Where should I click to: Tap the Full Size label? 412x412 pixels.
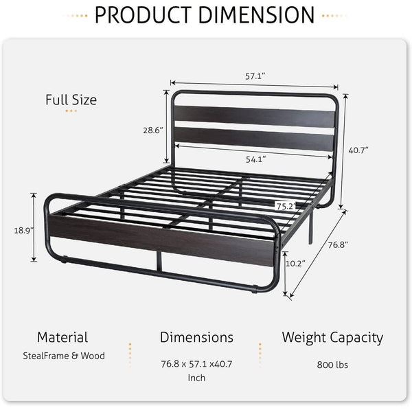[x=71, y=100]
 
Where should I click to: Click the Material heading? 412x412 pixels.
[x=62, y=337]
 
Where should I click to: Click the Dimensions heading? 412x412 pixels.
[x=196, y=337]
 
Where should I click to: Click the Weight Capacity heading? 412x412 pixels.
[x=332, y=337]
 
